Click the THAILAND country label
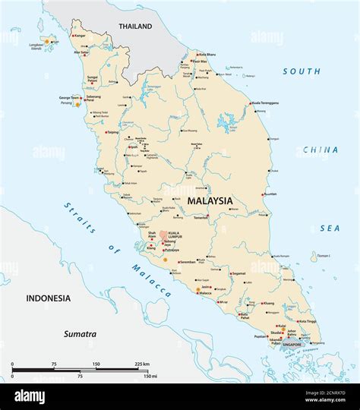coord(135,27)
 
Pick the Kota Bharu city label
coord(210,54)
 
